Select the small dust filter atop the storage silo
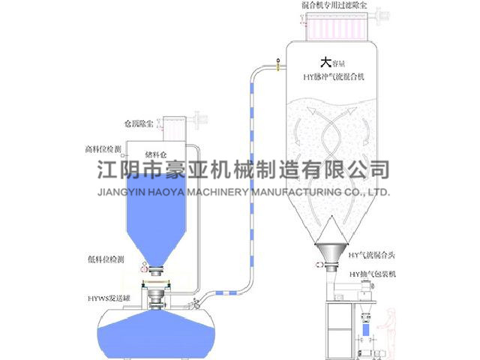(x=175, y=127)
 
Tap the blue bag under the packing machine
(x=366, y=328)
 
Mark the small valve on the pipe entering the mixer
(x=277, y=61)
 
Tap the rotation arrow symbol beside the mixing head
(x=322, y=265)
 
